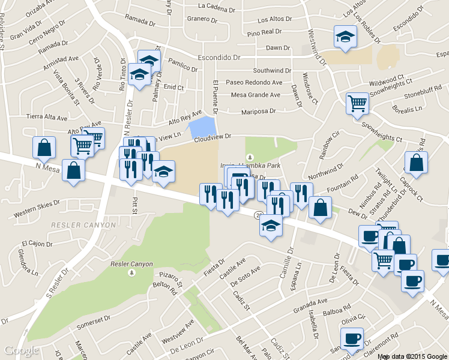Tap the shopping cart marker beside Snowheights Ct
coord(357,103)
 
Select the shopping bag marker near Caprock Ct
coord(416,162)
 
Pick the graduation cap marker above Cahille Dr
coord(271,226)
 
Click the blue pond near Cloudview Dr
coord(202,128)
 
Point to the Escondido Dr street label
coord(219,58)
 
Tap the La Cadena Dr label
coord(216,7)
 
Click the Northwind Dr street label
coord(326,172)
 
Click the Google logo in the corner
coord(22,350)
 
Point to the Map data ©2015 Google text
coord(412,356)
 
